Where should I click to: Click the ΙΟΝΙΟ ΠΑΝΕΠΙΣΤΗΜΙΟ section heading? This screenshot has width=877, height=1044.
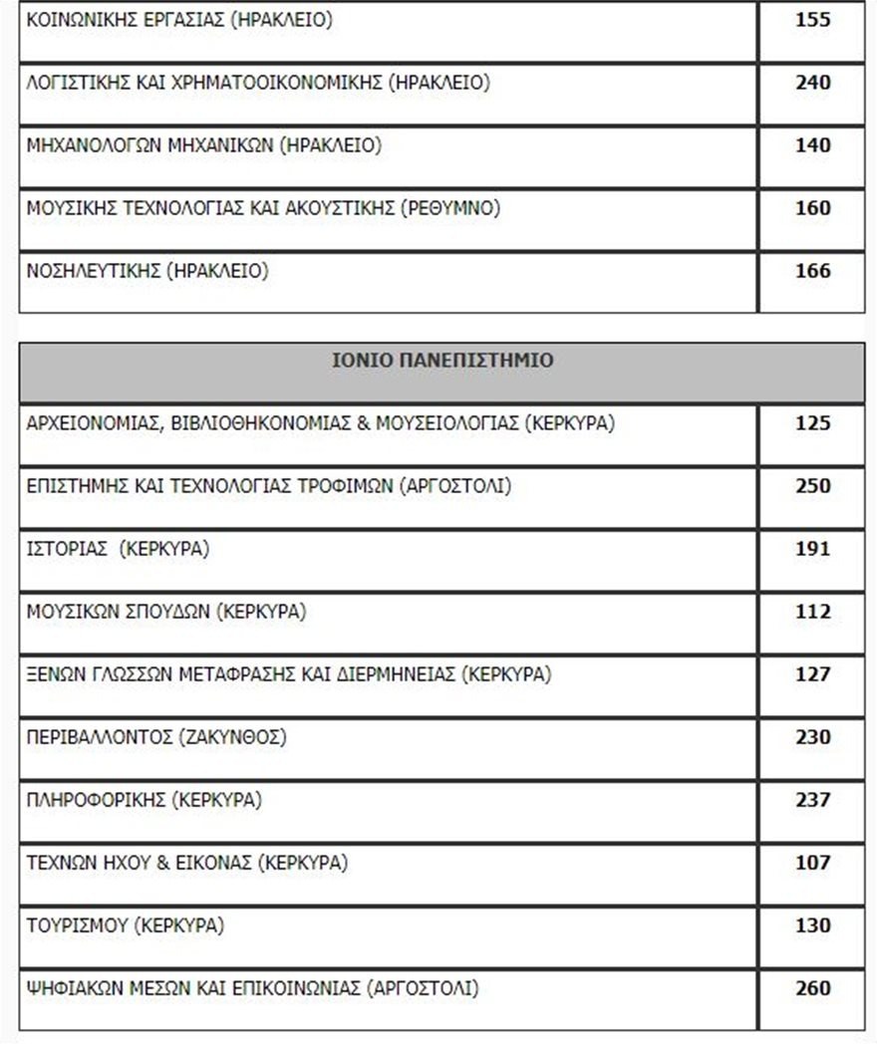(441, 361)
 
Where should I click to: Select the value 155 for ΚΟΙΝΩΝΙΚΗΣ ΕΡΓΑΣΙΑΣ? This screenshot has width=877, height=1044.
(812, 20)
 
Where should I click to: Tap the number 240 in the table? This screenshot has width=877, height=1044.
(812, 83)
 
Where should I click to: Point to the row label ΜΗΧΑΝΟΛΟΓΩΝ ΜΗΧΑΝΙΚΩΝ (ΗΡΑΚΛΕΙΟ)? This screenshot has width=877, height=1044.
(203, 145)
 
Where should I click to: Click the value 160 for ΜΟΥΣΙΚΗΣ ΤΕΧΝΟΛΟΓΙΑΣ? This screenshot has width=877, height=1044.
(812, 208)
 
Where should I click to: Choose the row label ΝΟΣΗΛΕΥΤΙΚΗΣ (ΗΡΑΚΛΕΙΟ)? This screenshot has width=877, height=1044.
(147, 271)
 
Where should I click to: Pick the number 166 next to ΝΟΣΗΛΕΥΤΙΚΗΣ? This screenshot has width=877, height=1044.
(812, 271)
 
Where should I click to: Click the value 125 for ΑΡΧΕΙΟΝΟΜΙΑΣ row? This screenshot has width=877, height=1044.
(812, 423)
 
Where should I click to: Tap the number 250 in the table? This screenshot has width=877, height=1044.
(812, 486)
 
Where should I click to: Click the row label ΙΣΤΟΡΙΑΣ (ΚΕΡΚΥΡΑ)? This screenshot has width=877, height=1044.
(118, 549)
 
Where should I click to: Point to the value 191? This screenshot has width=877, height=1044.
(812, 549)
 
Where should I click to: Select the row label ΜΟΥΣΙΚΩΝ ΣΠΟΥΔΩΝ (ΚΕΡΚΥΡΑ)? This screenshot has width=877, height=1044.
(166, 612)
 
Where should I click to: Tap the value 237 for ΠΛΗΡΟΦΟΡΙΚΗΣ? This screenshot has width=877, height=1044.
(812, 800)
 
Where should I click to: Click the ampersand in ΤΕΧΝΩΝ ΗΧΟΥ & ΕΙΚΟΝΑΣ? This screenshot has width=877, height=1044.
(164, 863)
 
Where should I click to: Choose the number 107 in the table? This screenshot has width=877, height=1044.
(812, 863)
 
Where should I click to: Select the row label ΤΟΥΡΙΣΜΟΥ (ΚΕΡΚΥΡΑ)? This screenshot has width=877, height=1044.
(126, 925)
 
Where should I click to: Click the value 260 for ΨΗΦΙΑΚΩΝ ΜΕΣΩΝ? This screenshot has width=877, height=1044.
(812, 988)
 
